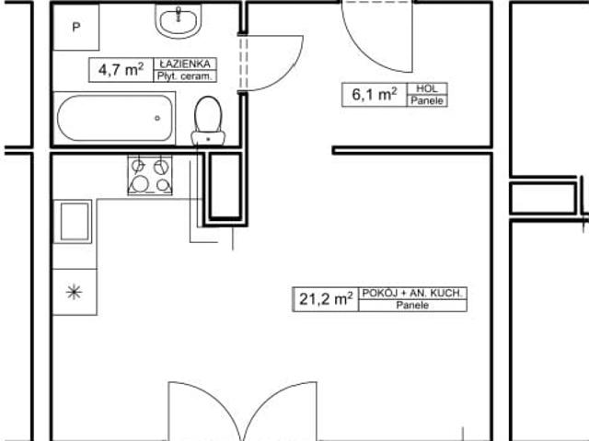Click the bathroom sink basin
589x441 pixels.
coord(180,20)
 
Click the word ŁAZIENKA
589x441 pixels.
coord(187,64)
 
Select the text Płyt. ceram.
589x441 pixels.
coord(187,76)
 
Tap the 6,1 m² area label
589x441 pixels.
coord(374,93)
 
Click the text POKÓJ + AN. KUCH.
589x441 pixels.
coord(413,293)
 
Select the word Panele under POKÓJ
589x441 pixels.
coord(413,305)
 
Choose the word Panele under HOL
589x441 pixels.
coord(426,100)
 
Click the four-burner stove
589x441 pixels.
coord(150,175)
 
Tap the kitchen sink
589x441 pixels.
coord(74,222)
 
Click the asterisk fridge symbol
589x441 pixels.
coord(74,293)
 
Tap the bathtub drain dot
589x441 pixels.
coord(157,118)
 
